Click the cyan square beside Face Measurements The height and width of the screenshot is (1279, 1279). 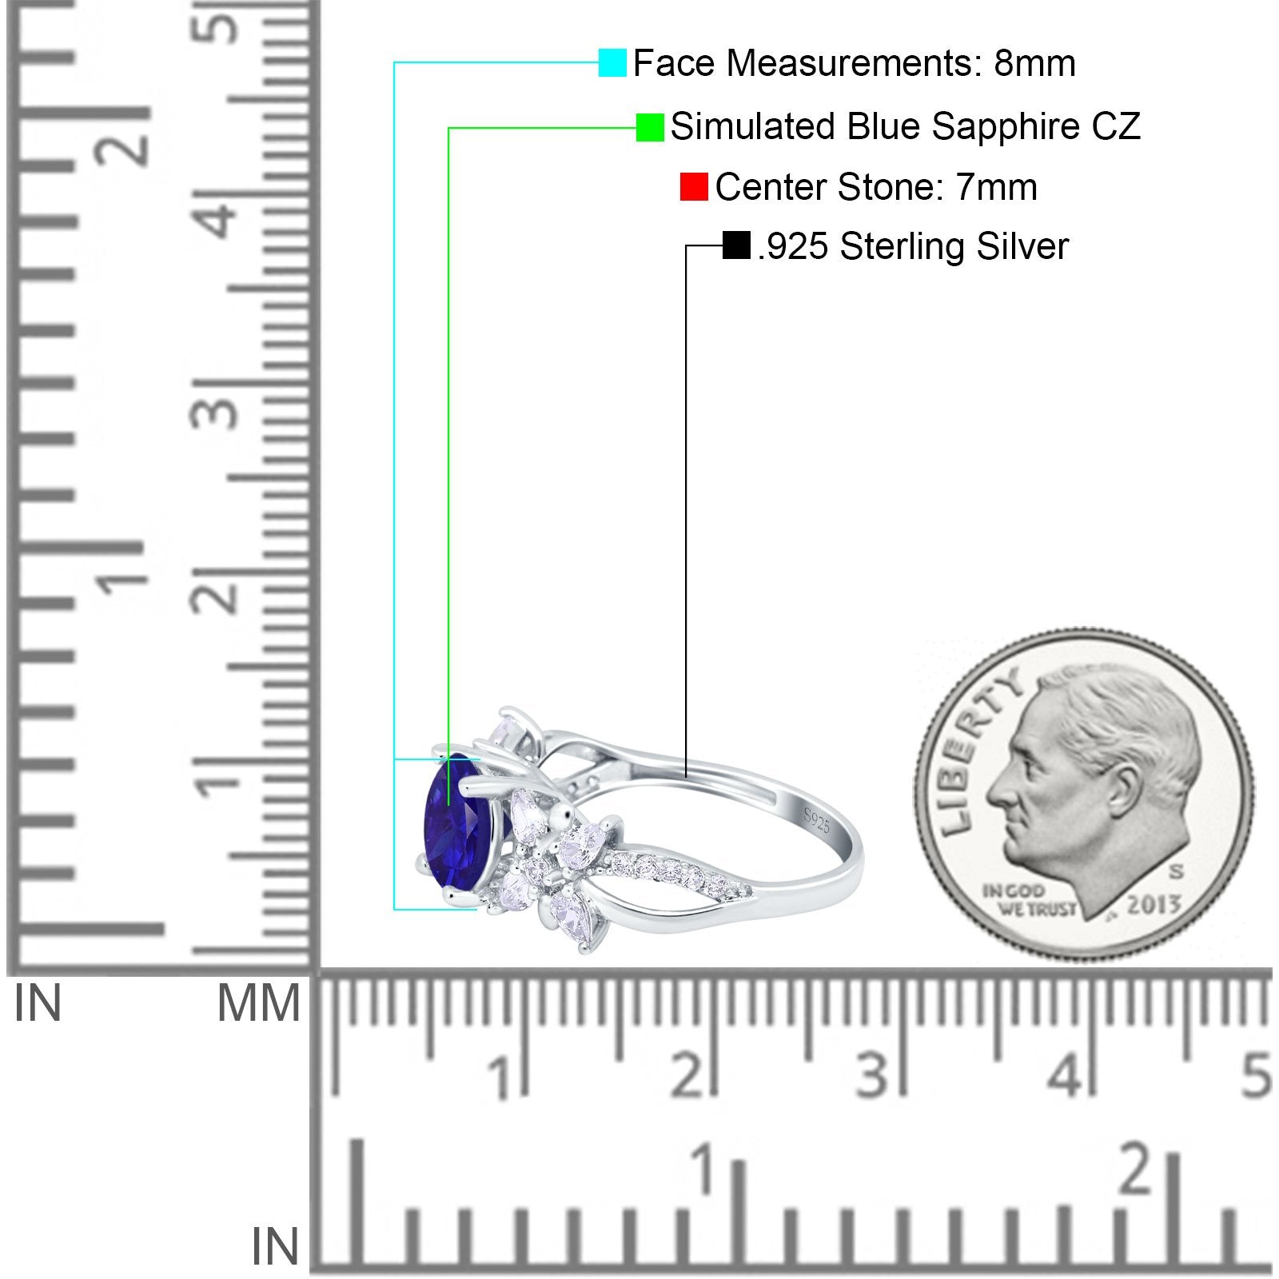pyautogui.click(x=612, y=62)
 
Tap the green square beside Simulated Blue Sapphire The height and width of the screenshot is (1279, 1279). pyautogui.click(x=650, y=126)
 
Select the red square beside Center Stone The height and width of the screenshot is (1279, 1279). pyautogui.click(x=693, y=187)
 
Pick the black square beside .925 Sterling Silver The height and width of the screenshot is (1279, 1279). pyautogui.click(x=735, y=245)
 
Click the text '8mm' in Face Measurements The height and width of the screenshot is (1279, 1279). pyautogui.click(x=1034, y=63)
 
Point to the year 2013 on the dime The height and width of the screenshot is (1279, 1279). pyautogui.click(x=1153, y=905)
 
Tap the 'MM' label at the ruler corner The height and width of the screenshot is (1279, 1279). pyautogui.click(x=258, y=1004)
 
